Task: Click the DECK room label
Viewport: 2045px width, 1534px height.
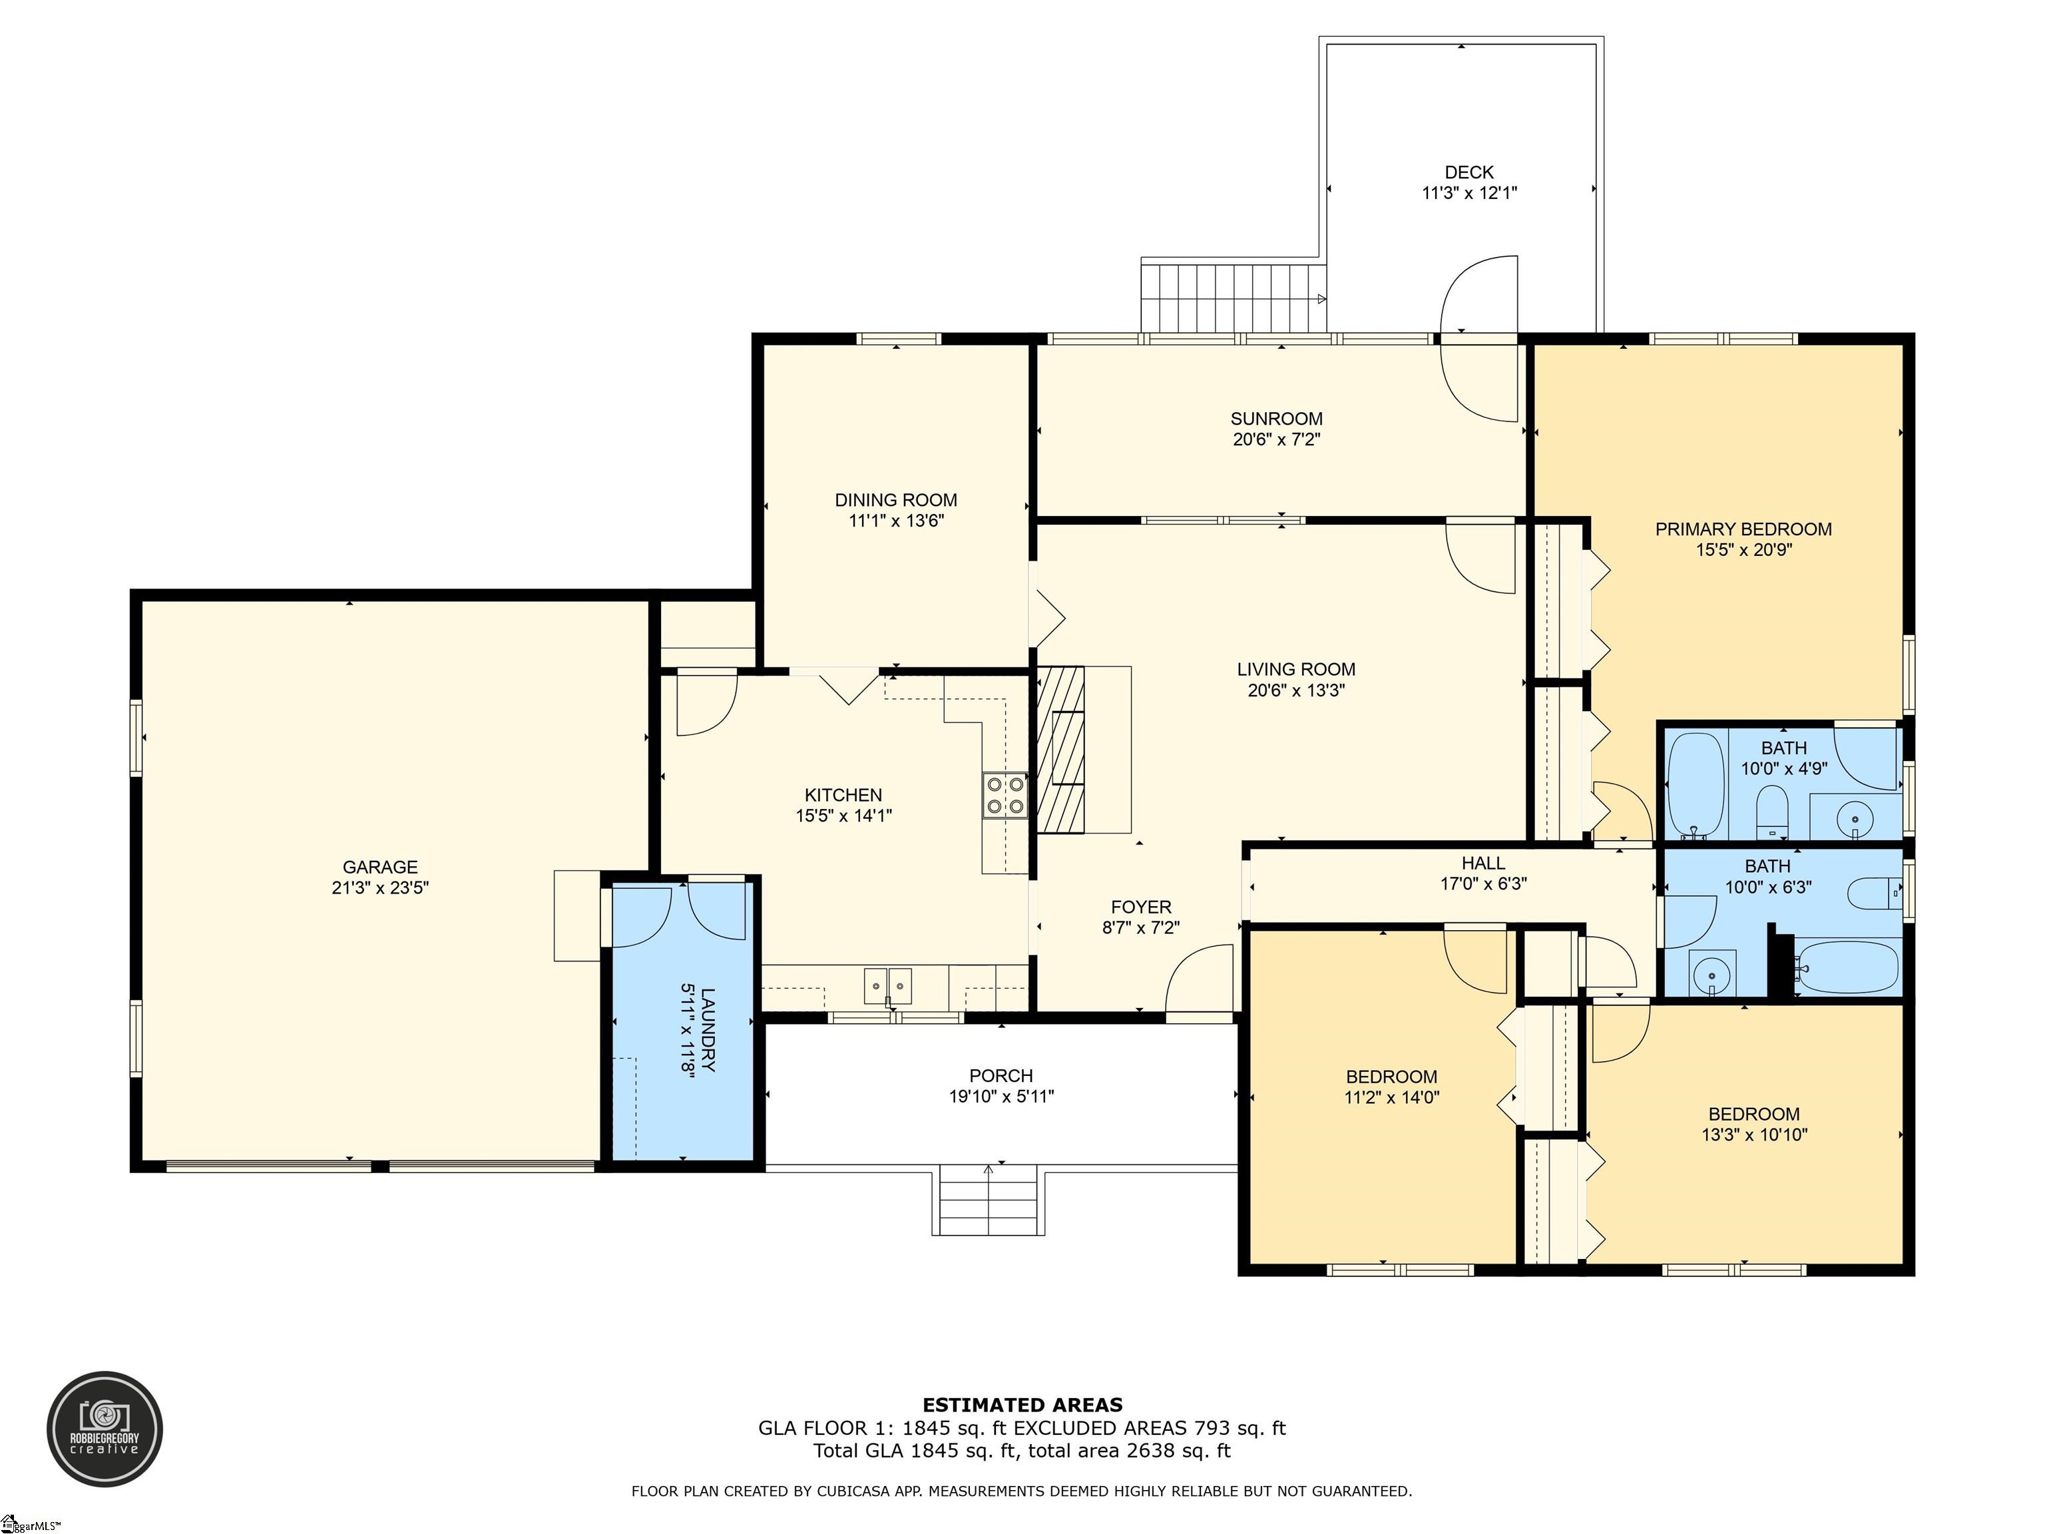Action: [1469, 172]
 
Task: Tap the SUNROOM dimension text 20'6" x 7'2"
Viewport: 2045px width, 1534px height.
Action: [1277, 439]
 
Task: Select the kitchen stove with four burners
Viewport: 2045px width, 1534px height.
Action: [1005, 795]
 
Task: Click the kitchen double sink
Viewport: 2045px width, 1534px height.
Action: [889, 985]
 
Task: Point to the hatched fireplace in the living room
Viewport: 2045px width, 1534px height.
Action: [1060, 750]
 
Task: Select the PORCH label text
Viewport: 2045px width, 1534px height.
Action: [1001, 1075]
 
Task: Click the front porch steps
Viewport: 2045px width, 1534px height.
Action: [989, 1201]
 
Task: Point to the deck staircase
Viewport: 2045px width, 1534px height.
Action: [1234, 297]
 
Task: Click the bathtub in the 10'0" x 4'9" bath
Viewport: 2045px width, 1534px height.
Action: [1696, 784]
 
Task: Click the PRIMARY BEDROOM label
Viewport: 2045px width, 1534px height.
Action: [1743, 529]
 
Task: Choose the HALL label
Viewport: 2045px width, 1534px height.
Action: [1483, 863]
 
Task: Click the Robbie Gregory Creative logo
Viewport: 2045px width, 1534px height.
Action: [105, 1429]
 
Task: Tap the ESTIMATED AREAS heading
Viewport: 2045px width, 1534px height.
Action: [1022, 1406]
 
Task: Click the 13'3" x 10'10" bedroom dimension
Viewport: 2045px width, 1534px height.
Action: [1755, 1135]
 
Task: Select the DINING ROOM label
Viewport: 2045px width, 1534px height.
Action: [896, 500]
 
